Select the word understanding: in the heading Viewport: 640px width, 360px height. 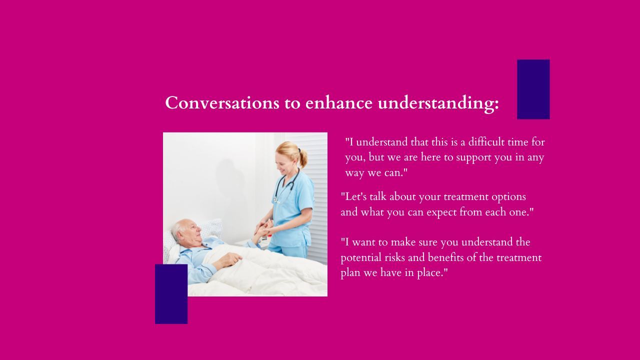point(438,103)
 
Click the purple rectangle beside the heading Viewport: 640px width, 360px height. point(533,89)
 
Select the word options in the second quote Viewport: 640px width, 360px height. point(508,197)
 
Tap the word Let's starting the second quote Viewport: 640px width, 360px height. point(353,197)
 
